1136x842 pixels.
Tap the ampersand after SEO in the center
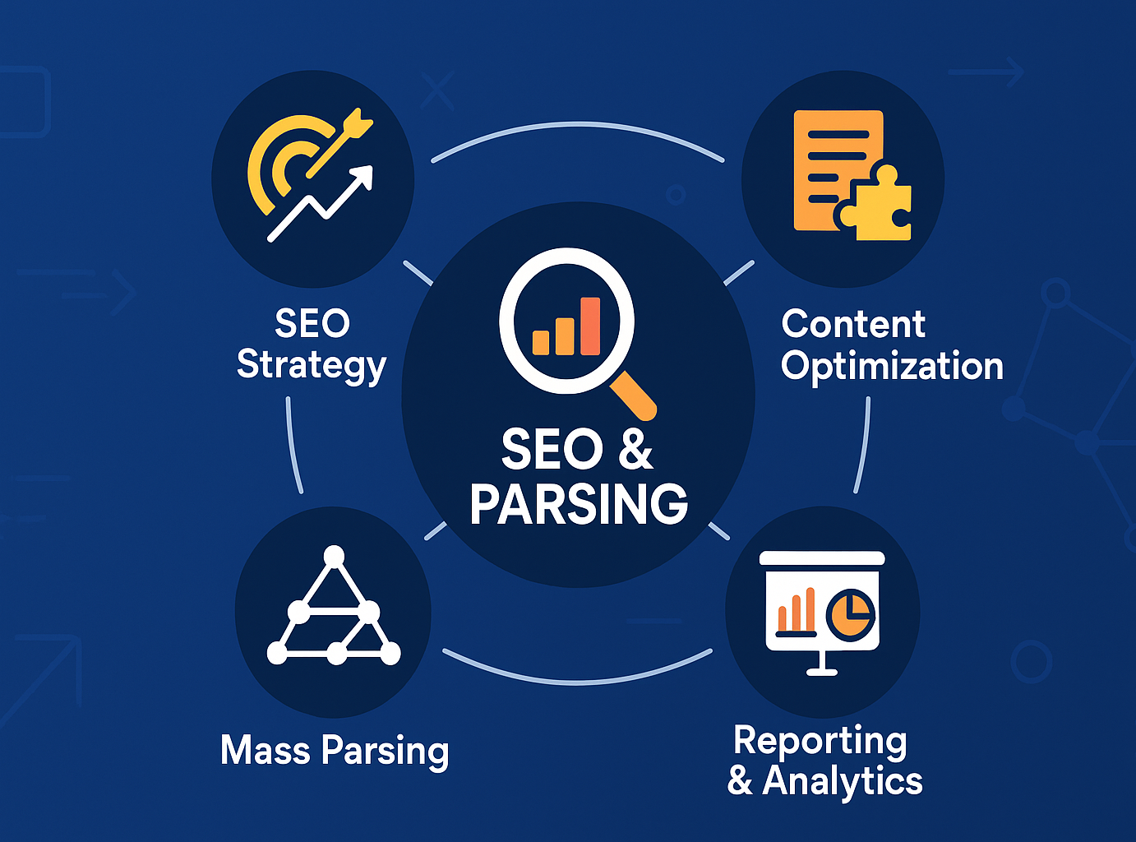coord(635,450)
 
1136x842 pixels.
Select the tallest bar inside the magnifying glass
coord(590,326)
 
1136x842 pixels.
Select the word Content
coord(853,324)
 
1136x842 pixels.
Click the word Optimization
coord(892,366)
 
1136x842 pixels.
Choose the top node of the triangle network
coord(334,557)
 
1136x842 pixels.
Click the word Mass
coord(266,750)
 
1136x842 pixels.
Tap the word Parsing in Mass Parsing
coord(385,752)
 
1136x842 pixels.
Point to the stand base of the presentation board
coord(822,671)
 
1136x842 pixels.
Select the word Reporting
coord(820,742)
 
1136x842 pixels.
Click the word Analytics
coord(843,781)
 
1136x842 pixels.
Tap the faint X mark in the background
coord(437,90)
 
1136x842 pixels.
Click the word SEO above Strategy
coord(312,323)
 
